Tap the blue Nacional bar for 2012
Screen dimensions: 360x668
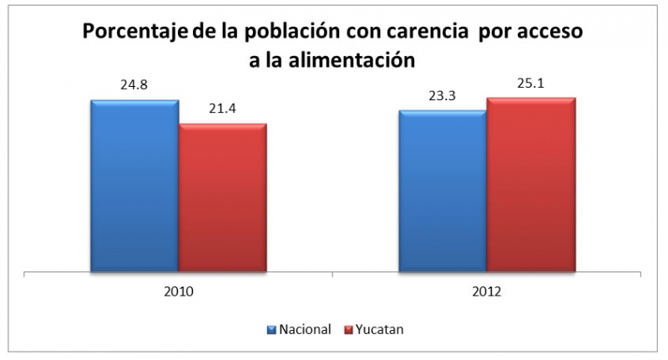coord(443,191)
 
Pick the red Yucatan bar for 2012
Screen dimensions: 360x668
coord(531,185)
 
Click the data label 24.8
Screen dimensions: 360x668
coord(134,85)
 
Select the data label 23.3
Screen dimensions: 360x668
coord(443,95)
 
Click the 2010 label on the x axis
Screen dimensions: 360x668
coord(179,292)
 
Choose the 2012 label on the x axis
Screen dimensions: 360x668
coord(487,292)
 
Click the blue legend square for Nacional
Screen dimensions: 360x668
coord(271,329)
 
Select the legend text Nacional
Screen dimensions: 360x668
coord(304,329)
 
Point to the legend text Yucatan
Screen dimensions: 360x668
coord(379,329)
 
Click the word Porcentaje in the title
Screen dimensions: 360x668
coord(131,33)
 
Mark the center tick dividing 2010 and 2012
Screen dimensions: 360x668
coord(333,275)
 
